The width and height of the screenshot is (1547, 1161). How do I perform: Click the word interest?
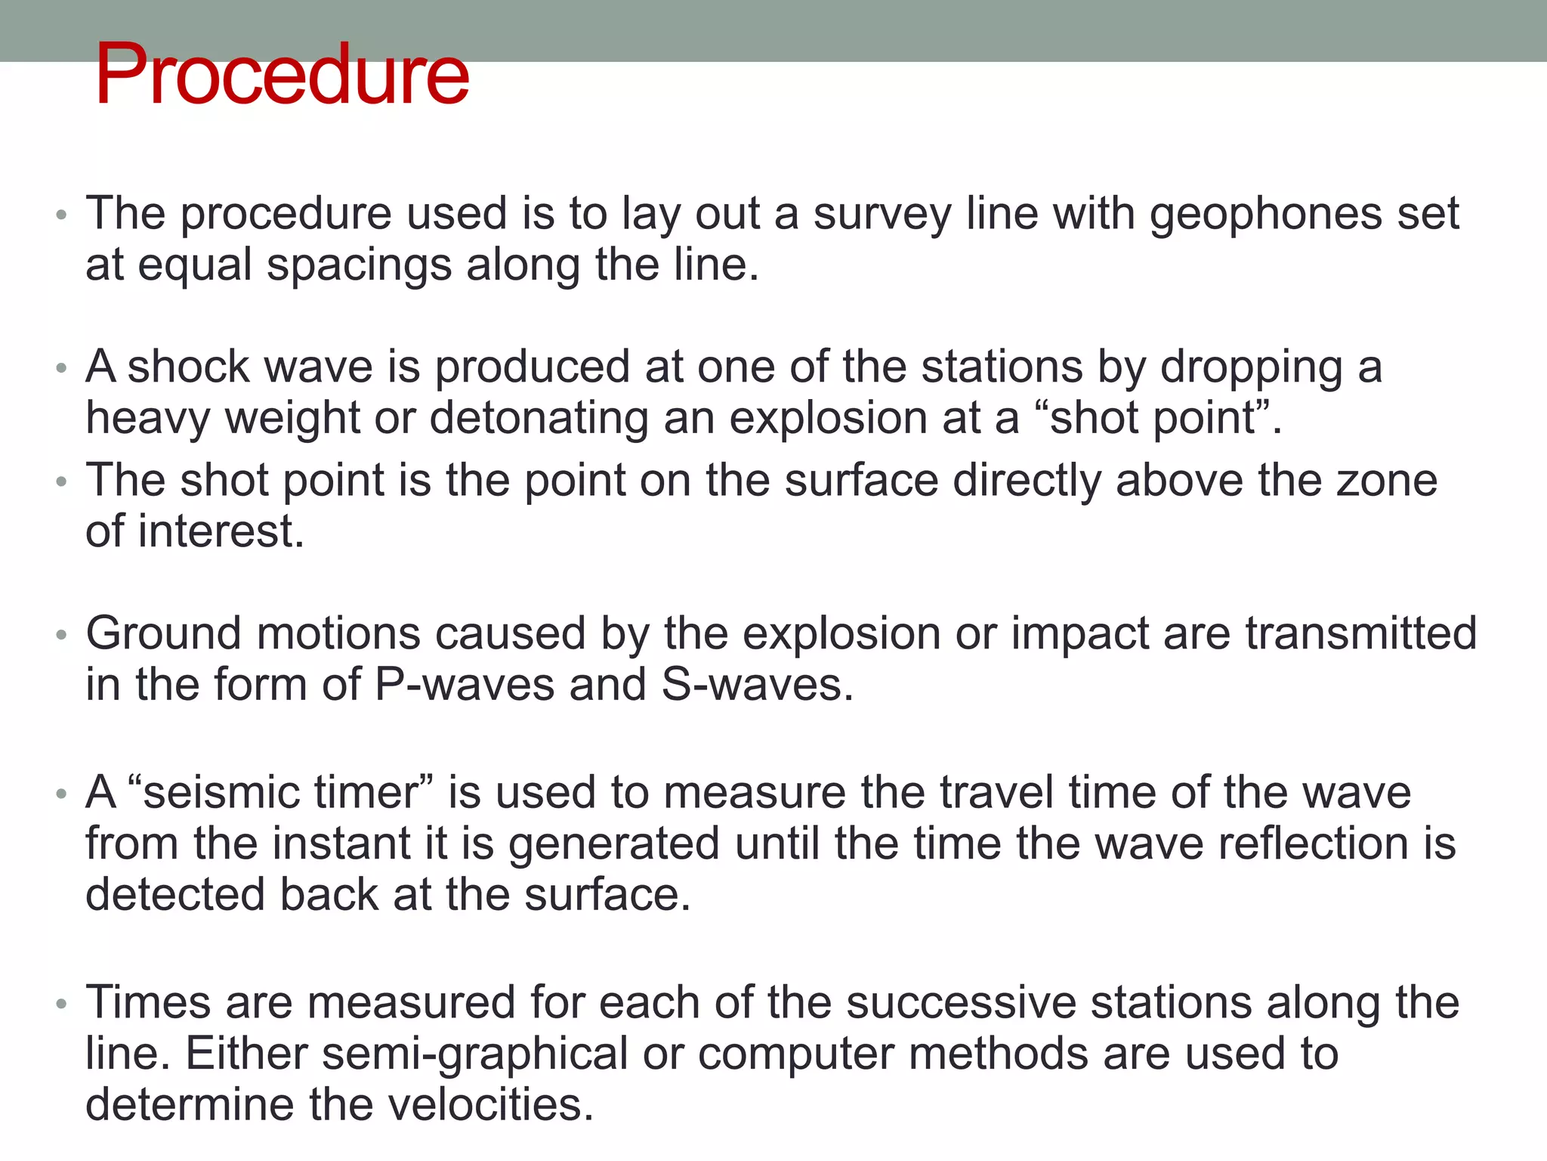218,531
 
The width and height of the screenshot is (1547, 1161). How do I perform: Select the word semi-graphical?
475,1055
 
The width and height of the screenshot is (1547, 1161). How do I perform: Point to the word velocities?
490,1105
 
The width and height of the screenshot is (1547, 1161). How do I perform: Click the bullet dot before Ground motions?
62,634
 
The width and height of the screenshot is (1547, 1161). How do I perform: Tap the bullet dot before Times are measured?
62,1004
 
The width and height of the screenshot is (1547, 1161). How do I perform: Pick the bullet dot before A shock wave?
62,368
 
